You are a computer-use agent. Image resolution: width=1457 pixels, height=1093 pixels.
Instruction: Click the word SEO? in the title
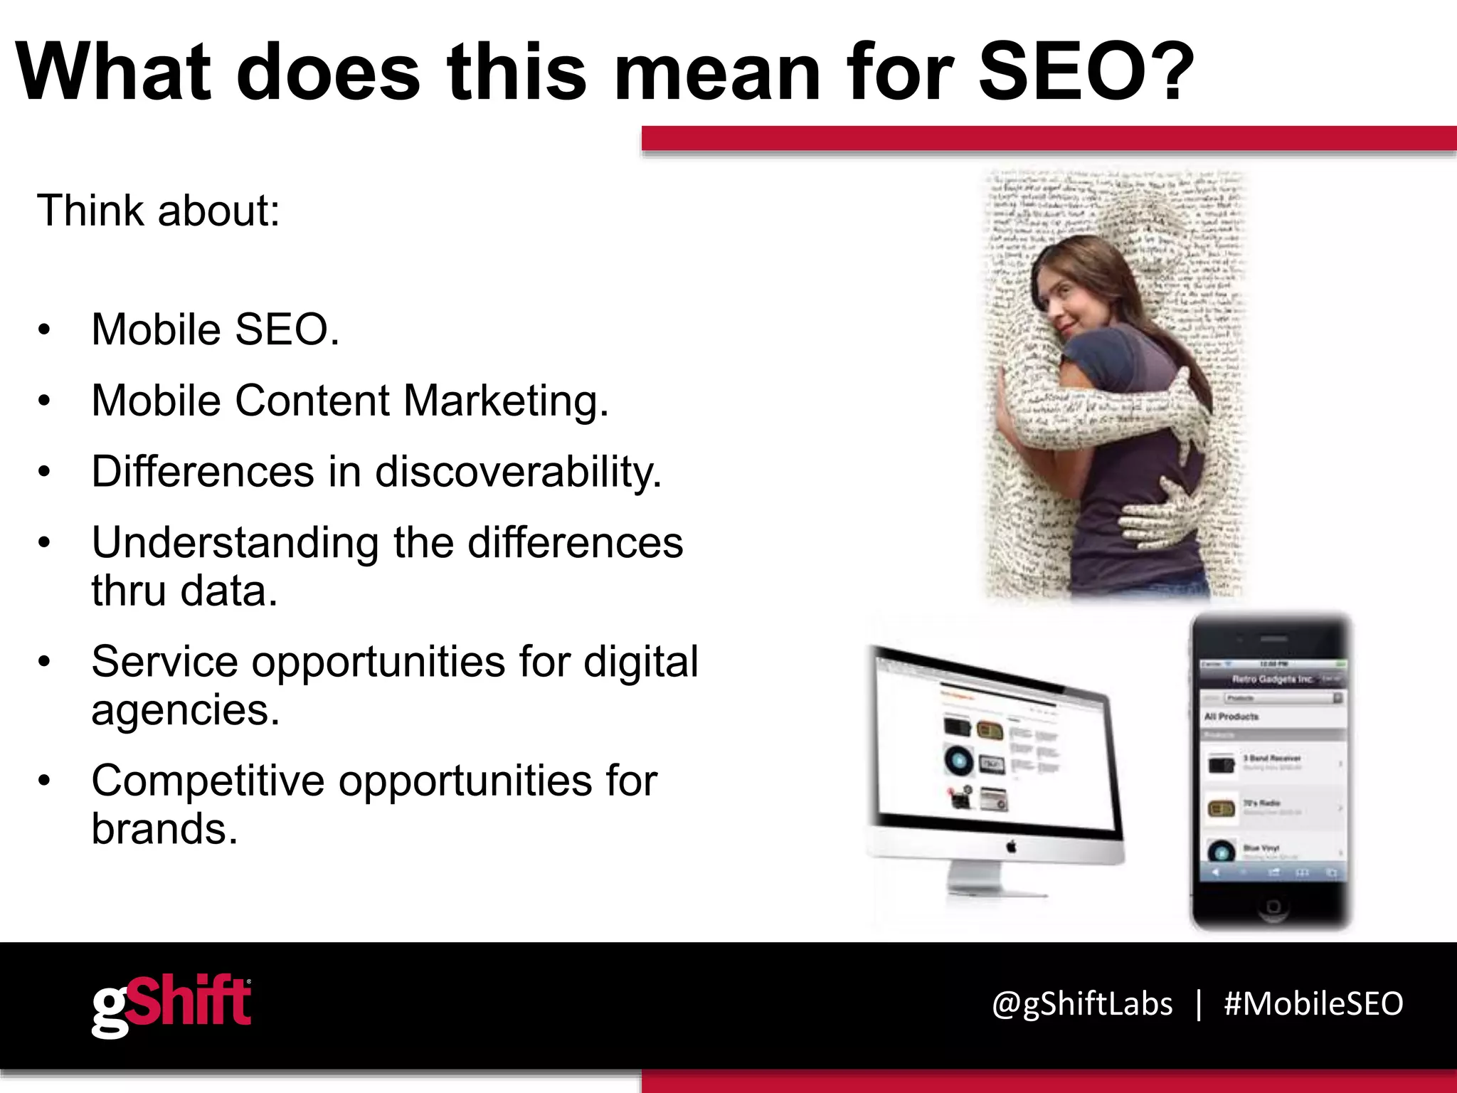pyautogui.click(x=1086, y=73)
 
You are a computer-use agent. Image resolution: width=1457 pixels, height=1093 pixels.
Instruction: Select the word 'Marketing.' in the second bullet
pyautogui.click(x=506, y=400)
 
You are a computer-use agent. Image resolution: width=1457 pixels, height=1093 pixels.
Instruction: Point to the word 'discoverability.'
pyautogui.click(x=519, y=471)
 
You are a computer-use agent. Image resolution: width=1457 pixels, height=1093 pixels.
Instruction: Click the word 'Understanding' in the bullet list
pyautogui.click(x=235, y=543)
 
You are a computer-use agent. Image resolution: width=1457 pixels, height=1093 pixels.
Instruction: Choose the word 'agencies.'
pyautogui.click(x=186, y=709)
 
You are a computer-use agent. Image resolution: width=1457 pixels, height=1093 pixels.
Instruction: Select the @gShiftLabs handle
pyautogui.click(x=1082, y=1004)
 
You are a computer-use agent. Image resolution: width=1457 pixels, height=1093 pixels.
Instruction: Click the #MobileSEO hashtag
pyautogui.click(x=1313, y=1004)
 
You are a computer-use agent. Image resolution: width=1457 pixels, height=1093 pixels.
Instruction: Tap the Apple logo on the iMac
pyautogui.click(x=1012, y=846)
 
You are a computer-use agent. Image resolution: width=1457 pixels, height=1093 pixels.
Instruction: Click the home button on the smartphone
pyautogui.click(x=1273, y=906)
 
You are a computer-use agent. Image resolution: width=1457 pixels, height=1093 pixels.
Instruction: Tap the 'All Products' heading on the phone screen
pyautogui.click(x=1231, y=717)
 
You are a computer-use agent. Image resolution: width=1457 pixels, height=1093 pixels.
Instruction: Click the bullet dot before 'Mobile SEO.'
pyautogui.click(x=45, y=330)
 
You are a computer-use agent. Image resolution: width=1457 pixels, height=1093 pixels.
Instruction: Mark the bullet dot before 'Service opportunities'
pyautogui.click(x=45, y=662)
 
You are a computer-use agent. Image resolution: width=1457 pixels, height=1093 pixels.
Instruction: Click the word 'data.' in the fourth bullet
pyautogui.click(x=228, y=591)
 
